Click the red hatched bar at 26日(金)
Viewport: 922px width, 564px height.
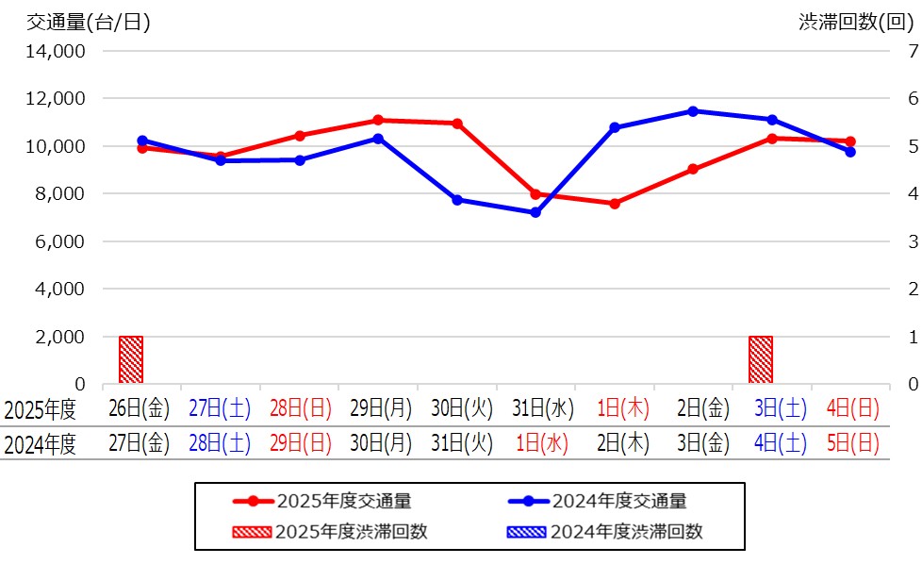coord(131,359)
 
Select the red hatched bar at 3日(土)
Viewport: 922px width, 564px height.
coord(760,359)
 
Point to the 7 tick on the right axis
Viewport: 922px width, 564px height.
coord(912,51)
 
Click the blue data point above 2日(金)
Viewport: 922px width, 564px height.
coord(693,111)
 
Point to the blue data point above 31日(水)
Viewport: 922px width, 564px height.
coord(535,212)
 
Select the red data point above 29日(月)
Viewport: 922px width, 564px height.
coord(378,120)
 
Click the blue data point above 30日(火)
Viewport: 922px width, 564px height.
coord(457,200)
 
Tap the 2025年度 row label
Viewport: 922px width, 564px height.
coord(40,410)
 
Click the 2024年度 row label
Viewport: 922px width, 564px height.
coord(40,444)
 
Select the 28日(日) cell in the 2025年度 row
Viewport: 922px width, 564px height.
coord(300,409)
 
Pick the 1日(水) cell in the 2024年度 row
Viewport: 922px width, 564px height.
coord(535,443)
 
